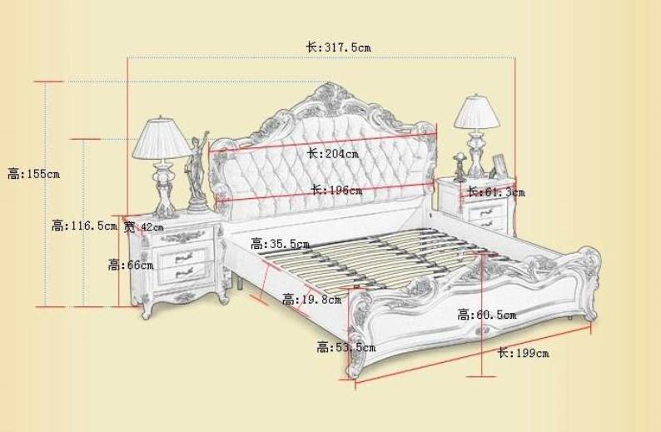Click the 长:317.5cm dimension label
click(x=339, y=47)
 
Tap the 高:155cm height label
click(x=34, y=174)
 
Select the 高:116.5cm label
click(x=84, y=226)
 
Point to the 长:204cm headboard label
click(x=333, y=153)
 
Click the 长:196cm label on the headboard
click(x=336, y=190)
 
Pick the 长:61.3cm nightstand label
click(x=496, y=192)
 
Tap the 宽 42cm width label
click(x=143, y=227)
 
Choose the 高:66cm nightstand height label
click(x=131, y=266)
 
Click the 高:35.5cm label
click(x=280, y=244)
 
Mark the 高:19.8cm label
click(x=312, y=300)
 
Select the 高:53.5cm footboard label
click(x=346, y=348)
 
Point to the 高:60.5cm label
click(x=487, y=315)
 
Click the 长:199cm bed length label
click(x=524, y=353)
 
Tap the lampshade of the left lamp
click(x=161, y=138)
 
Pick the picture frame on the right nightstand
click(x=499, y=165)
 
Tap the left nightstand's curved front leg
click(x=147, y=310)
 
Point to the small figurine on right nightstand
click(x=459, y=167)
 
